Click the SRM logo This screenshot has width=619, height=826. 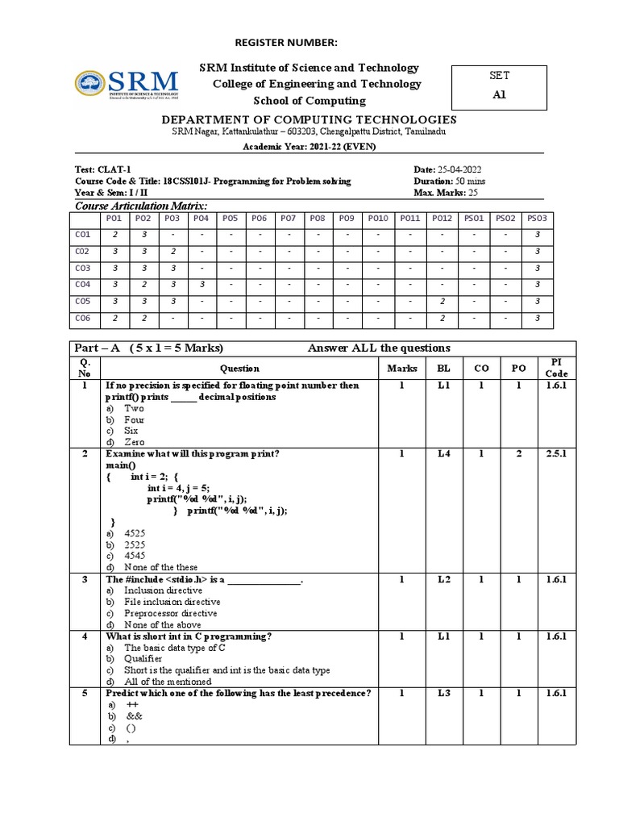pyautogui.click(x=127, y=84)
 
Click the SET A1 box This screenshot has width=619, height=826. pyautogui.click(x=500, y=86)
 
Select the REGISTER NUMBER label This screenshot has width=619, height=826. pyautogui.click(x=286, y=42)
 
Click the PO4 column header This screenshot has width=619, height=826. pyautogui.click(x=201, y=218)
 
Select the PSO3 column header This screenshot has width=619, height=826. pyautogui.click(x=537, y=218)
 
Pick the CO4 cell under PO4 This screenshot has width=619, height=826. pyautogui.click(x=201, y=284)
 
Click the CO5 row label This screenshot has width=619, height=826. pyautogui.click(x=83, y=301)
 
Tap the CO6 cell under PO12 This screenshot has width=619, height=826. pyautogui.click(x=442, y=318)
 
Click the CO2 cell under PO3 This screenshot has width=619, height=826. pyautogui.click(x=172, y=251)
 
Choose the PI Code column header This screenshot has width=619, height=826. pyautogui.click(x=556, y=368)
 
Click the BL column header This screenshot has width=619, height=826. pyautogui.click(x=443, y=369)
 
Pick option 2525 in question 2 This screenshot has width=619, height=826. pyautogui.click(x=135, y=544)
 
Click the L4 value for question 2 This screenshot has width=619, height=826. pyautogui.click(x=443, y=454)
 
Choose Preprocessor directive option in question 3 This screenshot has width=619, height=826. pyautogui.click(x=170, y=613)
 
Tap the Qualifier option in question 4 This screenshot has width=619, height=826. pyautogui.click(x=143, y=658)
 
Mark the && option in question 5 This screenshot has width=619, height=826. pyautogui.click(x=134, y=715)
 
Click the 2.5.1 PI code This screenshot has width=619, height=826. pyautogui.click(x=556, y=454)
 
